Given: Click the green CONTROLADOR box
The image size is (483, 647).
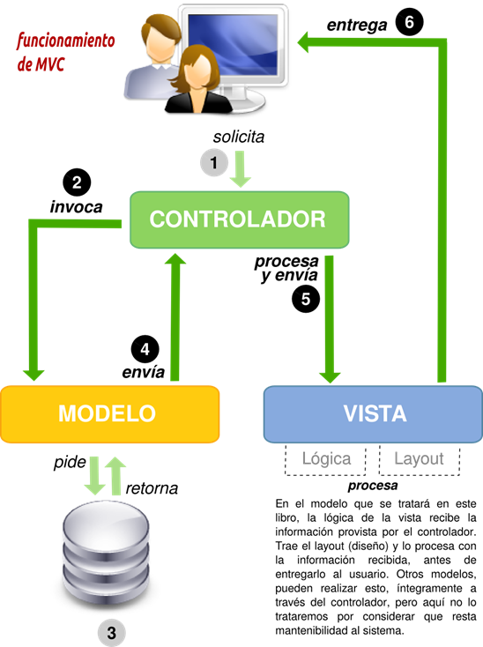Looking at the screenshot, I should [237, 219].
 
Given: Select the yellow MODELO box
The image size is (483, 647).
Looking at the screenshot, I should [109, 413].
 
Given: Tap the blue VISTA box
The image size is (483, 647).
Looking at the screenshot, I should [374, 413].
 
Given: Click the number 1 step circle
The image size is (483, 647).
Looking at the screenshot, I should [213, 163].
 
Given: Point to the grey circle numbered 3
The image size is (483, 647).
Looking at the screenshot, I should [110, 632].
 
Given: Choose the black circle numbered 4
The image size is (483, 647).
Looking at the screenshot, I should [145, 347].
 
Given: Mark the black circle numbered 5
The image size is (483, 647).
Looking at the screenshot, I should [305, 299].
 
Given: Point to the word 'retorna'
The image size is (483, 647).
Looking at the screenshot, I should [152, 487].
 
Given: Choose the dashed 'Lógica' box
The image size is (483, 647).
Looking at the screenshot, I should [326, 458].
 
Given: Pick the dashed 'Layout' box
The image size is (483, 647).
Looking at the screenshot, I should [419, 458].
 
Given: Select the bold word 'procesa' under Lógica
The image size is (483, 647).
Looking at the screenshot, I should [372, 485].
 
